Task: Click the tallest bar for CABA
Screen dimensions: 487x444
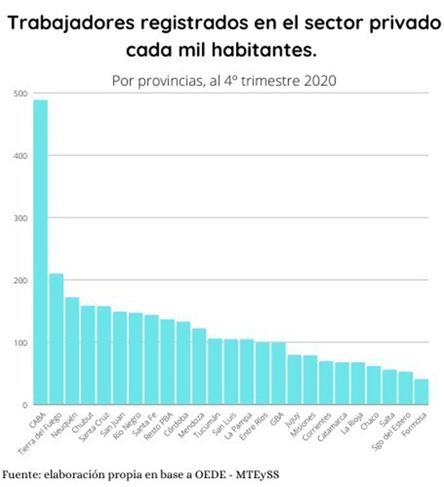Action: [x=40, y=252]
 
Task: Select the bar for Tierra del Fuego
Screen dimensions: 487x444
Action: [x=56, y=339]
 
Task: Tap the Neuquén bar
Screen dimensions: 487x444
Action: [x=72, y=351]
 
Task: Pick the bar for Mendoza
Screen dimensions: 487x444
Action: [x=199, y=366]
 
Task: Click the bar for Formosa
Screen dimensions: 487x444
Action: [x=421, y=392]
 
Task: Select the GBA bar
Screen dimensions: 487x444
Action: [x=278, y=373]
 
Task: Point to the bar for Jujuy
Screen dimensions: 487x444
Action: [x=294, y=379]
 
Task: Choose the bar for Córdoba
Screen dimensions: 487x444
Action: [x=183, y=363]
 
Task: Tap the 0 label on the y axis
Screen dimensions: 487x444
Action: [x=25, y=405]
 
